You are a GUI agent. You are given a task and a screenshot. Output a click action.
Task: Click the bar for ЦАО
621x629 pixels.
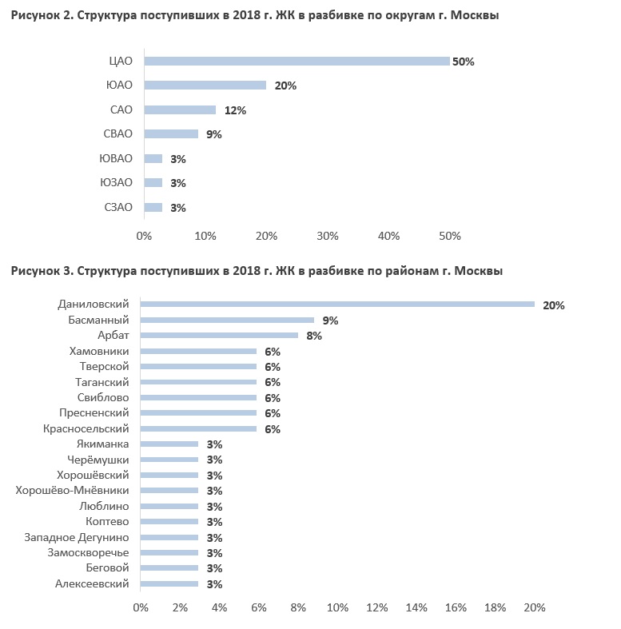click(x=297, y=61)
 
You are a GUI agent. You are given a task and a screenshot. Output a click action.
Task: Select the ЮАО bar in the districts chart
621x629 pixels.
click(x=205, y=85)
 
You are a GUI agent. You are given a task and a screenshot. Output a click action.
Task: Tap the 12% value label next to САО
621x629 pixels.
click(x=235, y=110)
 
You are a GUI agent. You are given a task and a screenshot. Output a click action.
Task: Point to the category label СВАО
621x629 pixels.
click(x=118, y=133)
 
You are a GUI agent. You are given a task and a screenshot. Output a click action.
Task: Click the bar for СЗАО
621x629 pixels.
click(x=153, y=207)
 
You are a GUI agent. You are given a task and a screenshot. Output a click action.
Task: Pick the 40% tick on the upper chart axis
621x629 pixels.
click(x=388, y=236)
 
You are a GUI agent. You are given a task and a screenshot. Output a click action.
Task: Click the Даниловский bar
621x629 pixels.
click(x=337, y=304)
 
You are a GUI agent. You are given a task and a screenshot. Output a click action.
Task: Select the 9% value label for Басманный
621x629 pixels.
click(x=330, y=320)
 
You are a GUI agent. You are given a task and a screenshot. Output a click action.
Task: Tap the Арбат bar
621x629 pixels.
click(x=219, y=336)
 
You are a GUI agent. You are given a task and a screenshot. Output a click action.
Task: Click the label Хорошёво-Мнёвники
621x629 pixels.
click(x=72, y=490)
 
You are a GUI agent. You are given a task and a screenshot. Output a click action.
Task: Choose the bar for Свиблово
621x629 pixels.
click(x=198, y=397)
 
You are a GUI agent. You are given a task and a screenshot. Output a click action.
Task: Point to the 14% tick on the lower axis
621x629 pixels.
click(x=416, y=607)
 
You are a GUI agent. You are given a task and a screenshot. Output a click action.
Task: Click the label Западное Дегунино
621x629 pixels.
click(x=77, y=537)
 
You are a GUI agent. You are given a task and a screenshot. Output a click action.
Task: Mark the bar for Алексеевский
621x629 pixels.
click(x=169, y=583)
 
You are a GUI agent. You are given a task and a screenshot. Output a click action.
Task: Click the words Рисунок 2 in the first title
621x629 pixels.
click(x=42, y=15)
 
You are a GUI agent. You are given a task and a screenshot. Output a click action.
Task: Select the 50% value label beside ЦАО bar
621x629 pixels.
click(x=464, y=62)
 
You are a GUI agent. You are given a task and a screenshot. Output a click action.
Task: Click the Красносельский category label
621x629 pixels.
click(x=86, y=428)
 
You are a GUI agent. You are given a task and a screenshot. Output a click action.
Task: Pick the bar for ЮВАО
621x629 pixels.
click(x=153, y=159)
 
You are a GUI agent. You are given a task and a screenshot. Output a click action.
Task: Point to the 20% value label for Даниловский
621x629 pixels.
click(x=554, y=305)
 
